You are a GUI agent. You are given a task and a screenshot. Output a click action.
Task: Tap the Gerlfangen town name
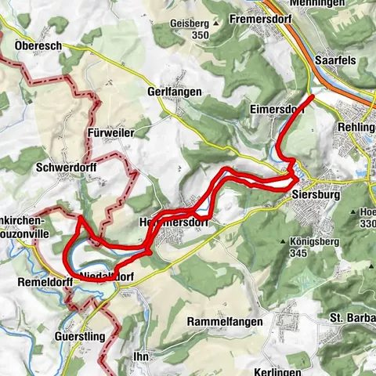(x=174, y=92)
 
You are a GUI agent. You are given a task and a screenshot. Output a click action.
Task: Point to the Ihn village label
(x=142, y=356)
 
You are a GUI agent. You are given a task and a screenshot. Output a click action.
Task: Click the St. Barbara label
(x=352, y=317)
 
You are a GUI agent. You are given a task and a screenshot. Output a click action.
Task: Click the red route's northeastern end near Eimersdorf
(x=313, y=96)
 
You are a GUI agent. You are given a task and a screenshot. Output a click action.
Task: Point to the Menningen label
(x=321, y=3)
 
